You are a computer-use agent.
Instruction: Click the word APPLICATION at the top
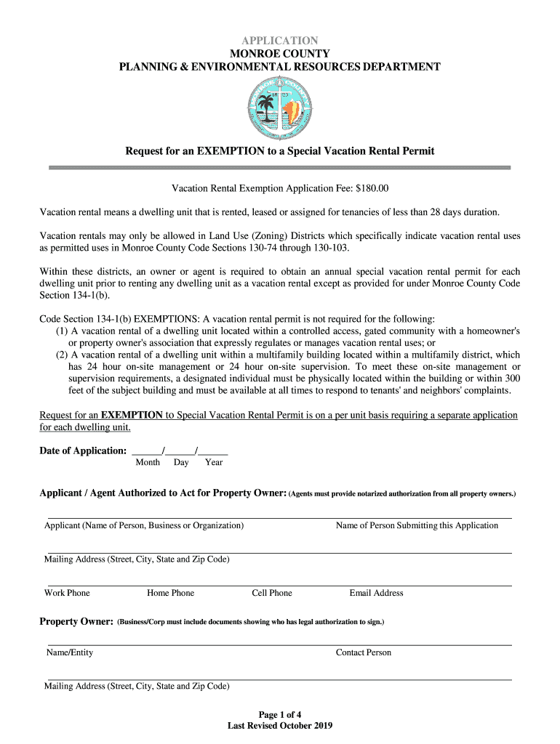[280, 41]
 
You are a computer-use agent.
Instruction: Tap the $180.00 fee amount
[372, 189]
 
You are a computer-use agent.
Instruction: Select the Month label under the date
[148, 462]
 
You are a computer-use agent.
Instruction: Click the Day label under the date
[181, 462]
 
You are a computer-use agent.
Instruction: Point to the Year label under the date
[214, 462]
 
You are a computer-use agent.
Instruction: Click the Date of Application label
[83, 450]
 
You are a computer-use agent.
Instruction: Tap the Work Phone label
[67, 593]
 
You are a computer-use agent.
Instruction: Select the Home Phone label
[170, 593]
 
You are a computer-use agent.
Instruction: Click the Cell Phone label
[272, 593]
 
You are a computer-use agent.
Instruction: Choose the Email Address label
[376, 593]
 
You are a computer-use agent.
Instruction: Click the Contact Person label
[363, 652]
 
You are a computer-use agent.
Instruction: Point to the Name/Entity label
[70, 652]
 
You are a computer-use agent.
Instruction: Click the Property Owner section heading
[76, 622]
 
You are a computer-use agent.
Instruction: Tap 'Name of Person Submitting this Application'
[417, 525]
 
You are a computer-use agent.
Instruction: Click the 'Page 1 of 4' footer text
[280, 714]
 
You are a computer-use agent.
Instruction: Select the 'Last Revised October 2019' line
[280, 726]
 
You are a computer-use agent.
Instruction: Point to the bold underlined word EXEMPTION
[132, 415]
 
